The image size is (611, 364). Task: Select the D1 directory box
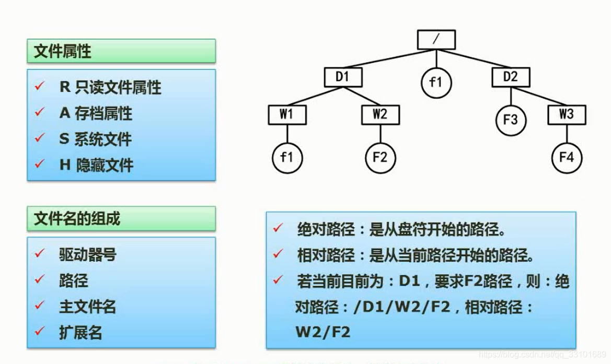[x=342, y=77]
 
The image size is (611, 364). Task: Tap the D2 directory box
[x=511, y=77]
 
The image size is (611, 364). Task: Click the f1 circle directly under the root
[x=436, y=83]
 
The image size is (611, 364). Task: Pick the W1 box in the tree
[x=286, y=115]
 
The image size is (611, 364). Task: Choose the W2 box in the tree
[x=380, y=115]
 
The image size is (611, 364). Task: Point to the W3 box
[x=567, y=115]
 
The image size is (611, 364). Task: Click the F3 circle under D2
[x=511, y=120]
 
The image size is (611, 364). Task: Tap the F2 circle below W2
[x=380, y=157]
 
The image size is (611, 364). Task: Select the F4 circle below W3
[x=567, y=157]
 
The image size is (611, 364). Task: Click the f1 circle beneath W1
[x=286, y=157]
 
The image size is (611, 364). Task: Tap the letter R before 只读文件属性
[x=65, y=87]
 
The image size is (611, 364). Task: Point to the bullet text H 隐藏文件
[x=96, y=166]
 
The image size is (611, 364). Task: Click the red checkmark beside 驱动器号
[x=39, y=253]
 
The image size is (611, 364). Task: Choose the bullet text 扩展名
[x=80, y=333]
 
